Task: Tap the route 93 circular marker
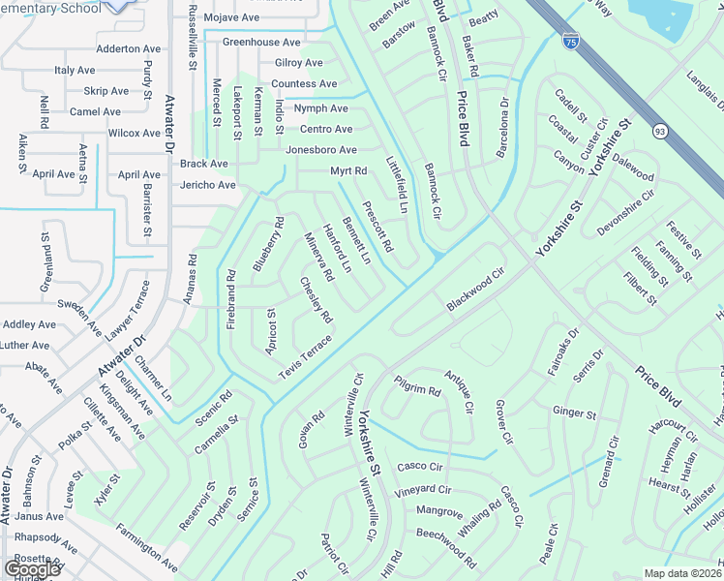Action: [x=660, y=131]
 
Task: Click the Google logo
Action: [x=32, y=568]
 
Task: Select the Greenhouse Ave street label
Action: [x=261, y=42]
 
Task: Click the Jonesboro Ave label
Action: [x=320, y=150]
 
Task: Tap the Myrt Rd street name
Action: [x=348, y=171]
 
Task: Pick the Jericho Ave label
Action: [x=207, y=185]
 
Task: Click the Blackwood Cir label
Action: [x=476, y=290]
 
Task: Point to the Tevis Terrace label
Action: [x=305, y=356]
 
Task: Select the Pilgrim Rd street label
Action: [x=417, y=386]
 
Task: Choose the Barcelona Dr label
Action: [x=503, y=128]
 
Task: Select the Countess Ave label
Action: [x=304, y=84]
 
